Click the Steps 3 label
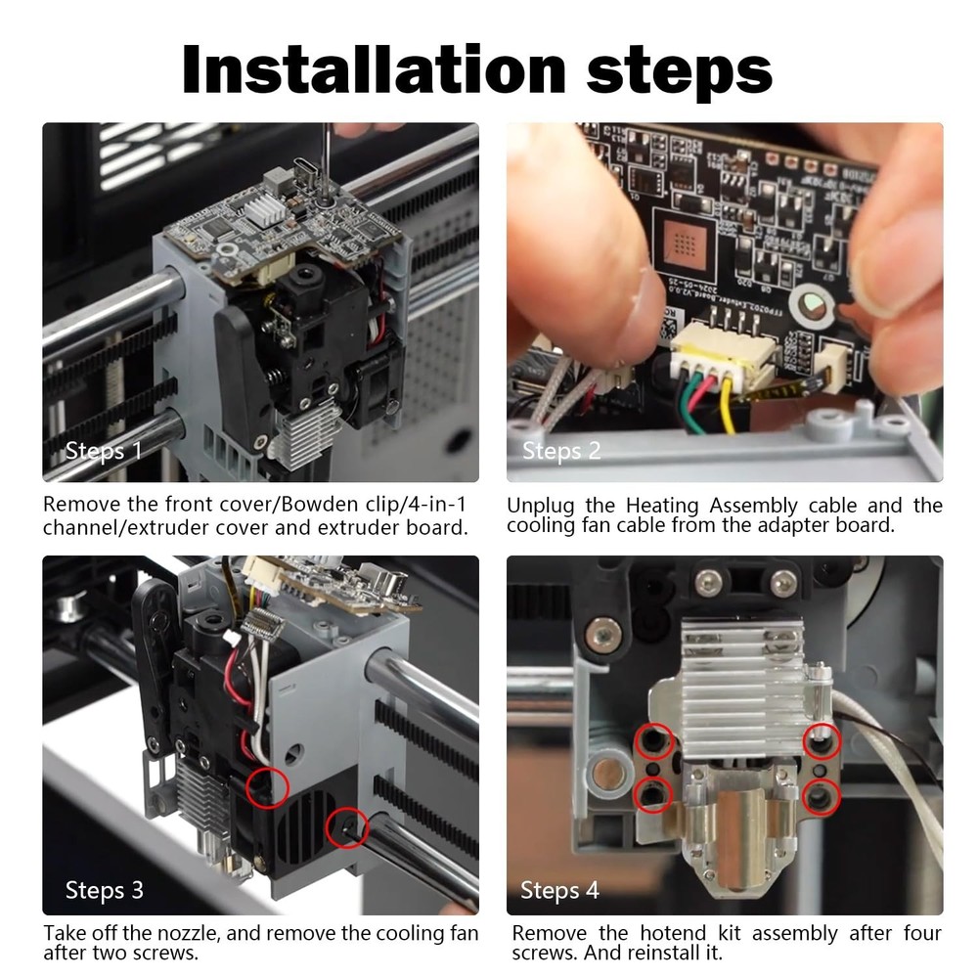[x=104, y=890]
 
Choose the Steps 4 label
[x=559, y=890]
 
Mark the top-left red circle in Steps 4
[x=653, y=744]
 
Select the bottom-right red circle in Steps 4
[x=820, y=797]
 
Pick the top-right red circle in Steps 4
[x=821, y=743]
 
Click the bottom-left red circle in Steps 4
[x=652, y=796]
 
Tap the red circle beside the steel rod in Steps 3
[x=347, y=827]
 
